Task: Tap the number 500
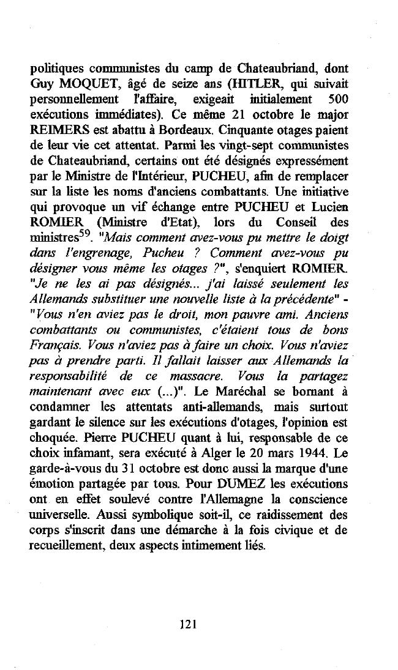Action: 338,99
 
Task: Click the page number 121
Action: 188,624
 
